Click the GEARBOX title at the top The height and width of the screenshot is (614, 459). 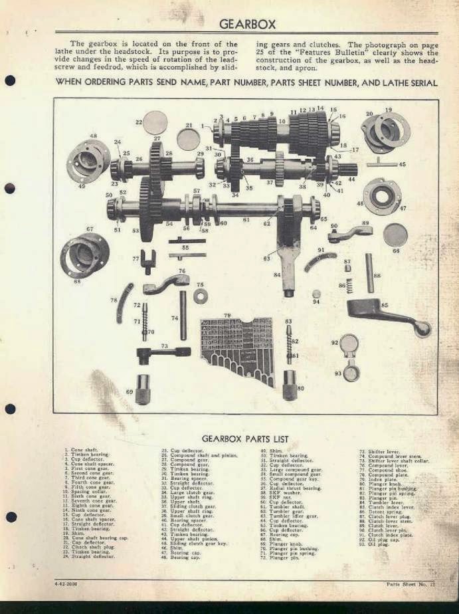[x=247, y=24]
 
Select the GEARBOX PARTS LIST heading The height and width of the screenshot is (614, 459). [x=244, y=439]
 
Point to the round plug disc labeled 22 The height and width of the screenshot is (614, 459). [x=156, y=122]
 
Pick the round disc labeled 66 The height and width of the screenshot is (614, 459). [x=395, y=235]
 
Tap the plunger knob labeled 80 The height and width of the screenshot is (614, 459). [x=290, y=385]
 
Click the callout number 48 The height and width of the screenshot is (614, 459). [x=94, y=136]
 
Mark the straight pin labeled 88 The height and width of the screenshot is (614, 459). [x=369, y=272]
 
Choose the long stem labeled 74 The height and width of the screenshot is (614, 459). [x=183, y=314]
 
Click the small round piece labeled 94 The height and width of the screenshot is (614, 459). [x=316, y=294]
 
